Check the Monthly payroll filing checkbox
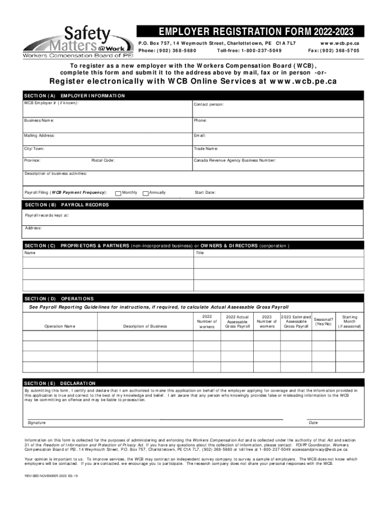[118, 193]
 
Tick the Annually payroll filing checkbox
[146, 193]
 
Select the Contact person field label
[209, 104]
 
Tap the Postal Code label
[103, 161]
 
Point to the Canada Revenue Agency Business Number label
[234, 161]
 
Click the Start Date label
[205, 192]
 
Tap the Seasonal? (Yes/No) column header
[323, 321]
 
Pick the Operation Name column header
[60, 326]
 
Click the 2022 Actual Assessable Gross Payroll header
[237, 322]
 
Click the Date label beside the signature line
[313, 423]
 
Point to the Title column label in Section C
[200, 253]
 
